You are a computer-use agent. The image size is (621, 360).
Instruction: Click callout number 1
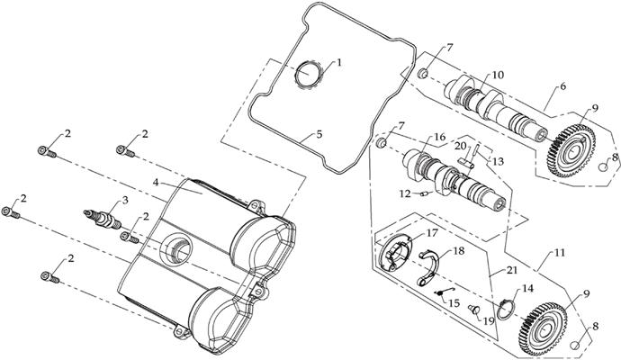[x=339, y=63]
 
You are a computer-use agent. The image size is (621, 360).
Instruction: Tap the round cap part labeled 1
[x=310, y=72]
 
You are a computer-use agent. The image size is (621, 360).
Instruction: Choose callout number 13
[x=498, y=159]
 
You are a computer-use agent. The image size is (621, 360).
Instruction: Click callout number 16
[x=440, y=137]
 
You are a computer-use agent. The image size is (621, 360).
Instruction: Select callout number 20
[x=460, y=145]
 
